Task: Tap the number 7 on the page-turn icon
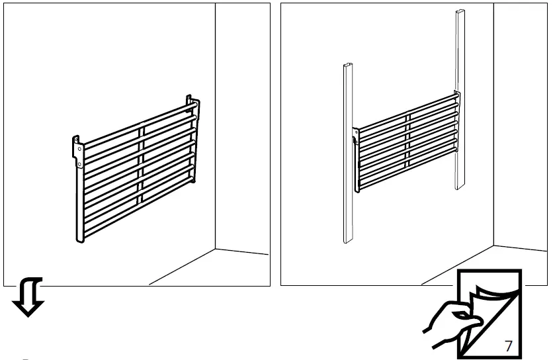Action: coord(508,345)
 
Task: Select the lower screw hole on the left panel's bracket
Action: coord(79,163)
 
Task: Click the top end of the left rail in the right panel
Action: coord(348,67)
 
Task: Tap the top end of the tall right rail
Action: coord(459,13)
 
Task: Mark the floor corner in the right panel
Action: coord(493,246)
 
